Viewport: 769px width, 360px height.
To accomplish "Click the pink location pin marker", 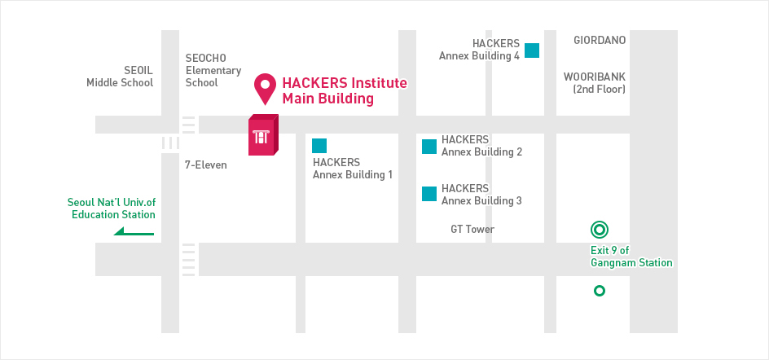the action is pos(265,87).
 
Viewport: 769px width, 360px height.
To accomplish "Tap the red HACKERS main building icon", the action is pos(263,135).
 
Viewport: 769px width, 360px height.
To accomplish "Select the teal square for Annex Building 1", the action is pos(319,146).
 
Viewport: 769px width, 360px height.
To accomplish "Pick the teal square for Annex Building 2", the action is pos(429,147).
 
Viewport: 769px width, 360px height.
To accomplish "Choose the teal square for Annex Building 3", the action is pos(429,194).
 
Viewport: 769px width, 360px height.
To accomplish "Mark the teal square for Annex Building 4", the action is pos(532,50).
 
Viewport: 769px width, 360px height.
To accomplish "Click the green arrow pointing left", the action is pos(134,231).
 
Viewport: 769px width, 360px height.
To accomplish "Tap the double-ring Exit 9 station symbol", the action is pos(600,230).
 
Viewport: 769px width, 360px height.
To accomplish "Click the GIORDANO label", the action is pos(600,40).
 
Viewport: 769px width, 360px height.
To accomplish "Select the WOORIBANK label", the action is pos(595,77).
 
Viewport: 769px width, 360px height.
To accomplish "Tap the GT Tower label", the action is pos(472,229).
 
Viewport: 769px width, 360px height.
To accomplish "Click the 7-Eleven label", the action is pos(206,165).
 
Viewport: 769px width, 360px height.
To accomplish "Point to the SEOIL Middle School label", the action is pos(120,77).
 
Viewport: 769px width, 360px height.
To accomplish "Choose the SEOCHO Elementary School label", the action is pos(213,71).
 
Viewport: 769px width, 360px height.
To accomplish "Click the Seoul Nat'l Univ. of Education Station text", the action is pos(112,209).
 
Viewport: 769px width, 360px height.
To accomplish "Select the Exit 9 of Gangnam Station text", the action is pos(631,257).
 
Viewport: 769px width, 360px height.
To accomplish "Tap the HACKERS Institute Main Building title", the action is pos(345,90).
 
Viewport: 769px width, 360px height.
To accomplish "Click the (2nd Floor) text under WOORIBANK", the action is pos(600,90).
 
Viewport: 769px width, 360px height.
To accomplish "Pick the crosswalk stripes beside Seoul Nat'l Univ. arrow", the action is pos(188,259).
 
